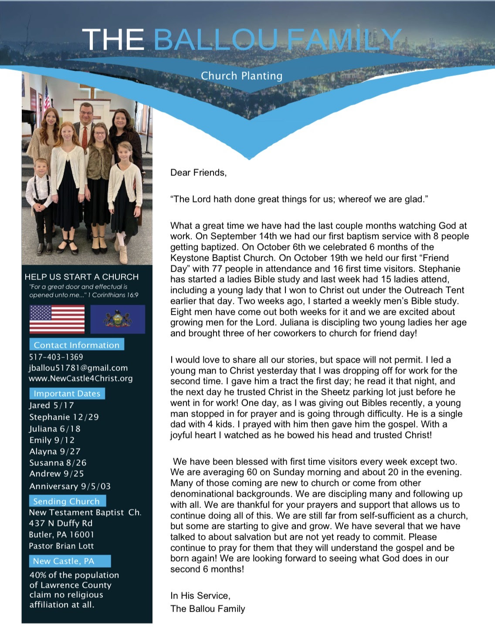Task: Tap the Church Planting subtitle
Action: pos(241,76)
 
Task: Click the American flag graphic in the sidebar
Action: pos(57,319)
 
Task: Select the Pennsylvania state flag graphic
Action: pos(118,319)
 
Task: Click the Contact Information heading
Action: pos(77,345)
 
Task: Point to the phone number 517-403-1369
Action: pos(56,357)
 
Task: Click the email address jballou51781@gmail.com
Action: pos(78,368)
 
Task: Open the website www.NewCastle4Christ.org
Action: pos(81,378)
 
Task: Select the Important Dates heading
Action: pos(67,394)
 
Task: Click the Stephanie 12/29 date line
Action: pos(64,417)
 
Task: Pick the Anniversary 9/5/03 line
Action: pos(70,486)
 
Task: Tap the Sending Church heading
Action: pos(67,501)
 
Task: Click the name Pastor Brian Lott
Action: pos(61,546)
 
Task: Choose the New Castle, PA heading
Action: pos(64,561)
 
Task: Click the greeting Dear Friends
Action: pos(198,173)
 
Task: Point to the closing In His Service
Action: pos(200,596)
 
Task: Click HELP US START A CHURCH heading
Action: pos(81,277)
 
